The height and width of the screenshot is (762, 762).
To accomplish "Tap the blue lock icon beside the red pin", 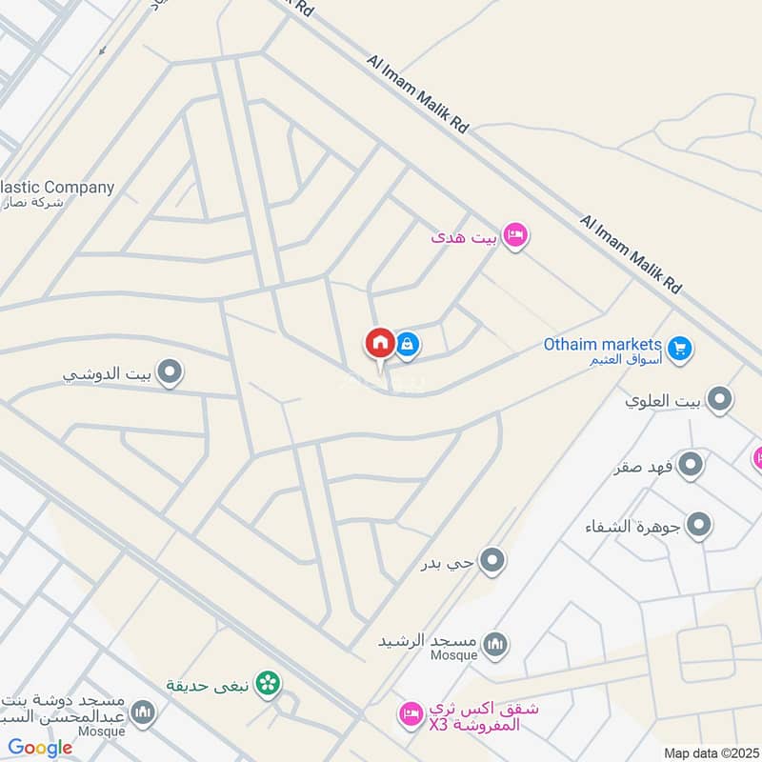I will (407, 343).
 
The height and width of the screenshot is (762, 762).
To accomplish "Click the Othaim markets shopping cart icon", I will (679, 349).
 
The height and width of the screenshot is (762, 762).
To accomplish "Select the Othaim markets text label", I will (602, 344).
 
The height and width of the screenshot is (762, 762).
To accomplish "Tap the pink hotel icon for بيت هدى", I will (515, 234).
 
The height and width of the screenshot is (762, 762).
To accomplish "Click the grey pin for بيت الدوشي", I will (170, 371).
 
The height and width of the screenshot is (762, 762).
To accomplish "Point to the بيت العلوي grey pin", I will (720, 400).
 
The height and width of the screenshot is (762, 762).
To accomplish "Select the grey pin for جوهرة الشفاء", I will (699, 525).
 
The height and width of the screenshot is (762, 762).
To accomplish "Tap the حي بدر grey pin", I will (491, 562).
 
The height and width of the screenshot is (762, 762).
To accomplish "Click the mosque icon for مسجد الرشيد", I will (494, 647).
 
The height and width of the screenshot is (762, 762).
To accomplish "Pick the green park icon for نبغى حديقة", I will (269, 682).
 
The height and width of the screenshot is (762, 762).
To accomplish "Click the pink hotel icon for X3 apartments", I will (411, 712).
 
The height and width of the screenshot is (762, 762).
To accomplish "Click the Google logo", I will (40, 748).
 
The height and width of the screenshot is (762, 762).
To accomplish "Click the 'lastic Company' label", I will (57, 188).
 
